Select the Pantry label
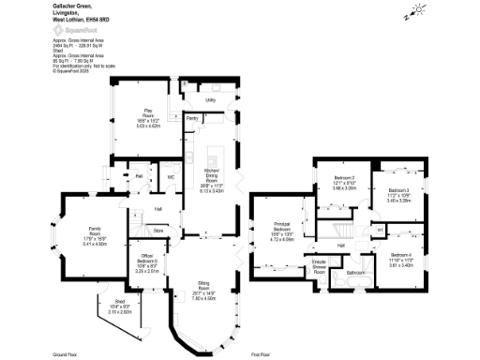pos(191,119)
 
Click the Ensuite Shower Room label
pos(319,266)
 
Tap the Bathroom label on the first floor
pos(355,273)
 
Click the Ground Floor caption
pos(65,355)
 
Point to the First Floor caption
pos(261,355)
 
